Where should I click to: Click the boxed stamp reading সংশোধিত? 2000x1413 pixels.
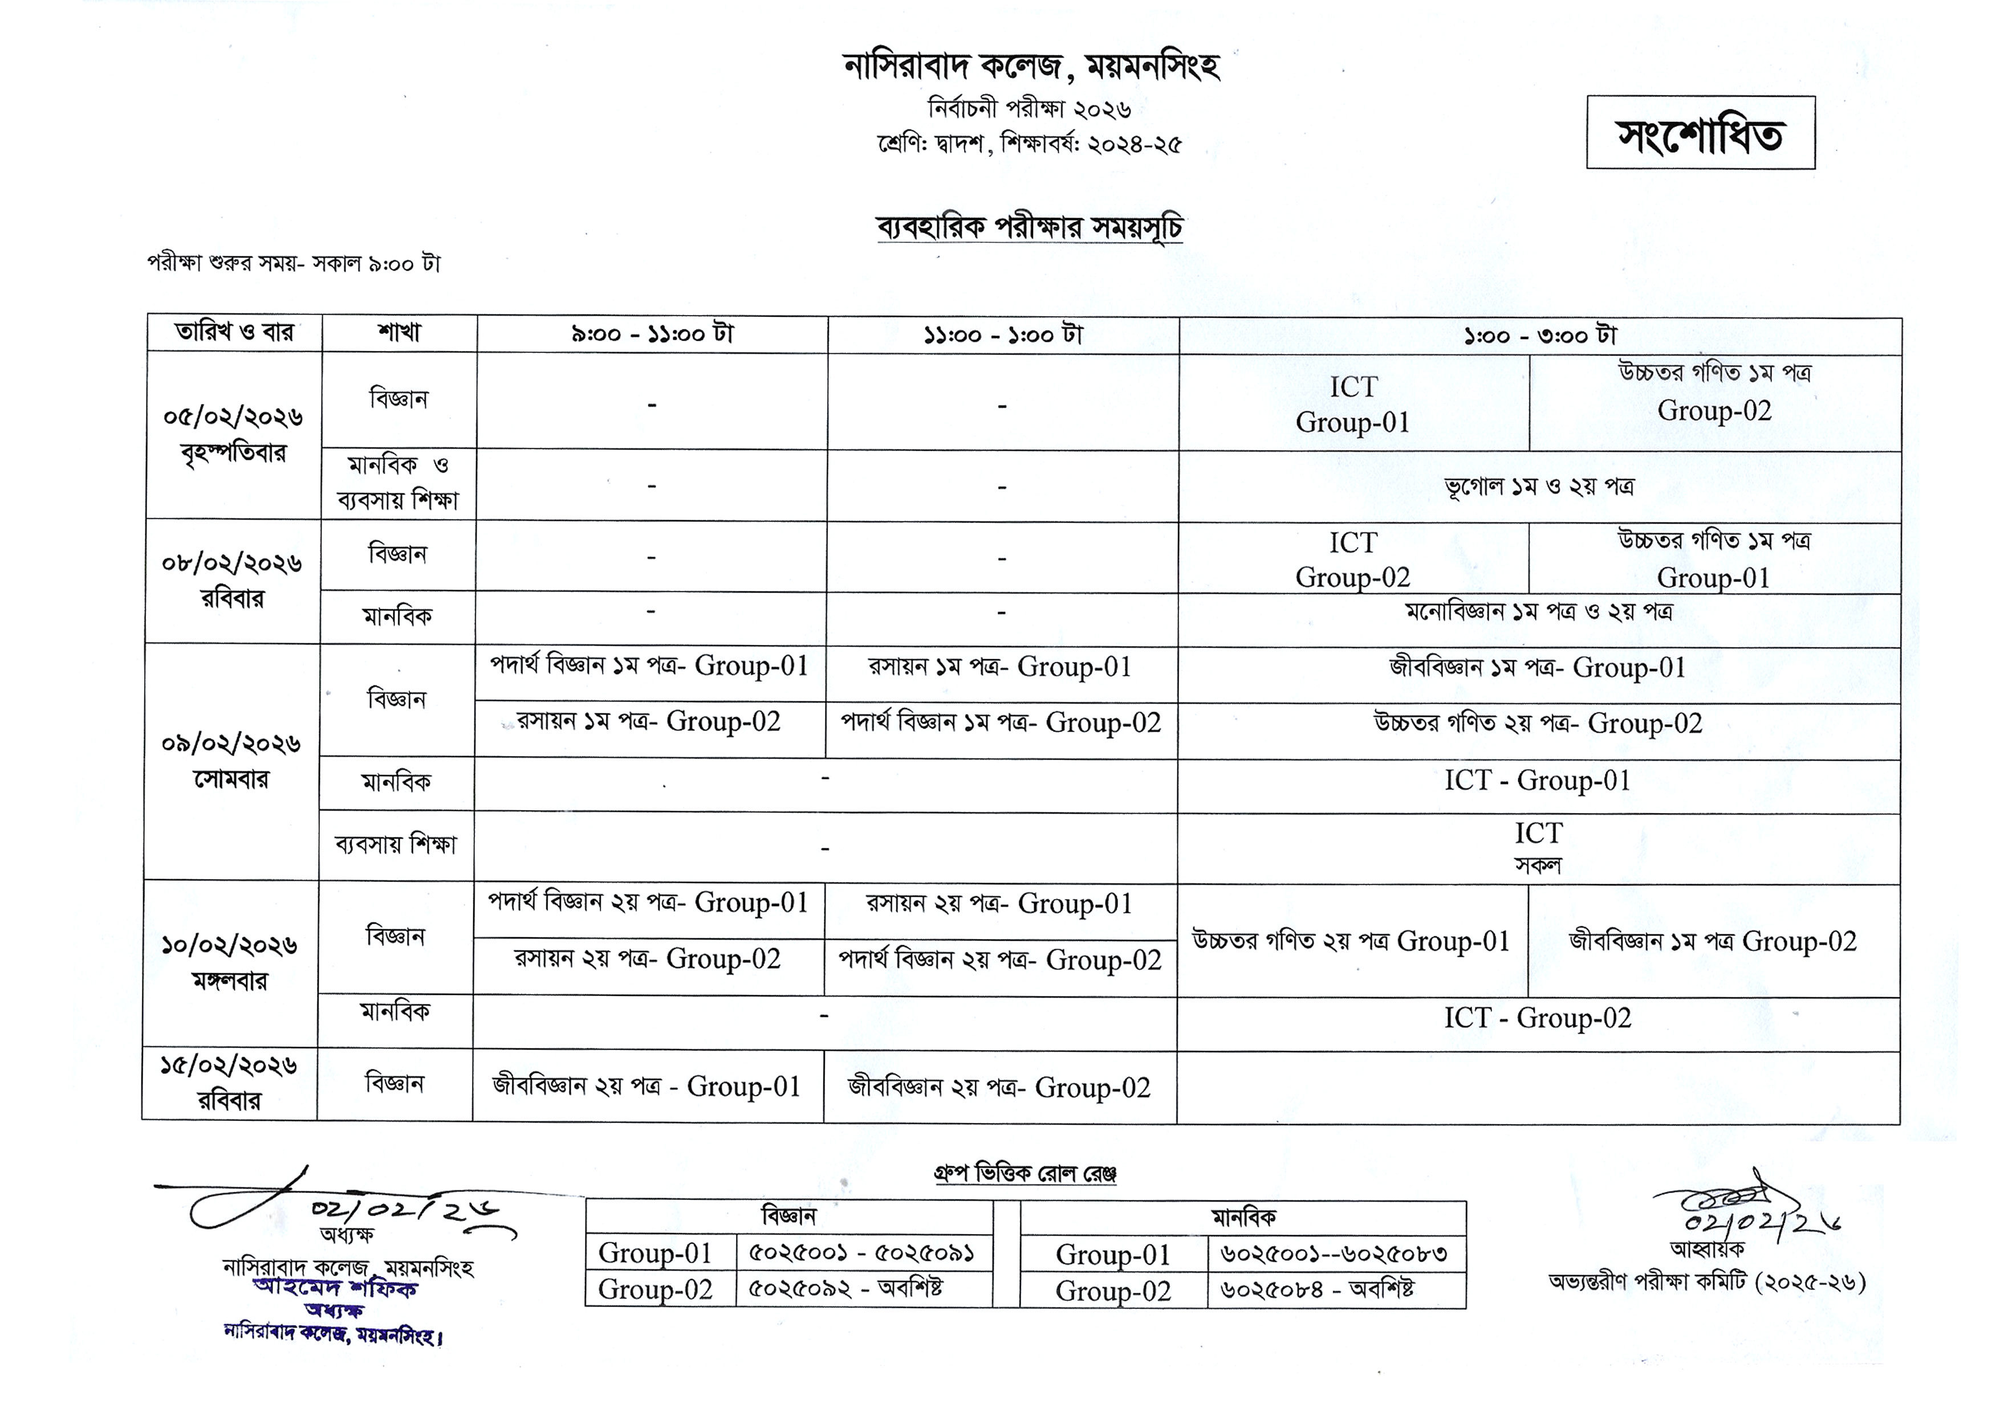click(1700, 133)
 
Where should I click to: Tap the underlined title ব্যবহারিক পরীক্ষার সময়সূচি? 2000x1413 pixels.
click(1030, 227)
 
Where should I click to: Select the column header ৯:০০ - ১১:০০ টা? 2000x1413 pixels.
click(652, 333)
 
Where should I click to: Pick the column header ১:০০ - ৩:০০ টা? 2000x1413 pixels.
click(1539, 335)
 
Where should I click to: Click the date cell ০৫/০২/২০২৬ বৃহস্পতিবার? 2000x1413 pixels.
click(233, 434)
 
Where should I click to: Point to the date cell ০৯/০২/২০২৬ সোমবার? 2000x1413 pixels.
click(231, 761)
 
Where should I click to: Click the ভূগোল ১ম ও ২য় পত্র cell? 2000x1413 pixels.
click(1539, 486)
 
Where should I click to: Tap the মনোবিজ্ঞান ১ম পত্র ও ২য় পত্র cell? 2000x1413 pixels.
click(1539, 612)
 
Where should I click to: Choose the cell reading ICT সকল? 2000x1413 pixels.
click(1538, 847)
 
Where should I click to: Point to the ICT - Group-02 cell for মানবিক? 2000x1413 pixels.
click(1538, 1018)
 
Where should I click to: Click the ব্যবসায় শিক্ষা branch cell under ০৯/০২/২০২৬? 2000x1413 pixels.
click(396, 844)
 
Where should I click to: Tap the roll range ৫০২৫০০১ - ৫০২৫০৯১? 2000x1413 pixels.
click(861, 1253)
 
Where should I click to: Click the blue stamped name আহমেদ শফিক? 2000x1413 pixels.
click(335, 1287)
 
